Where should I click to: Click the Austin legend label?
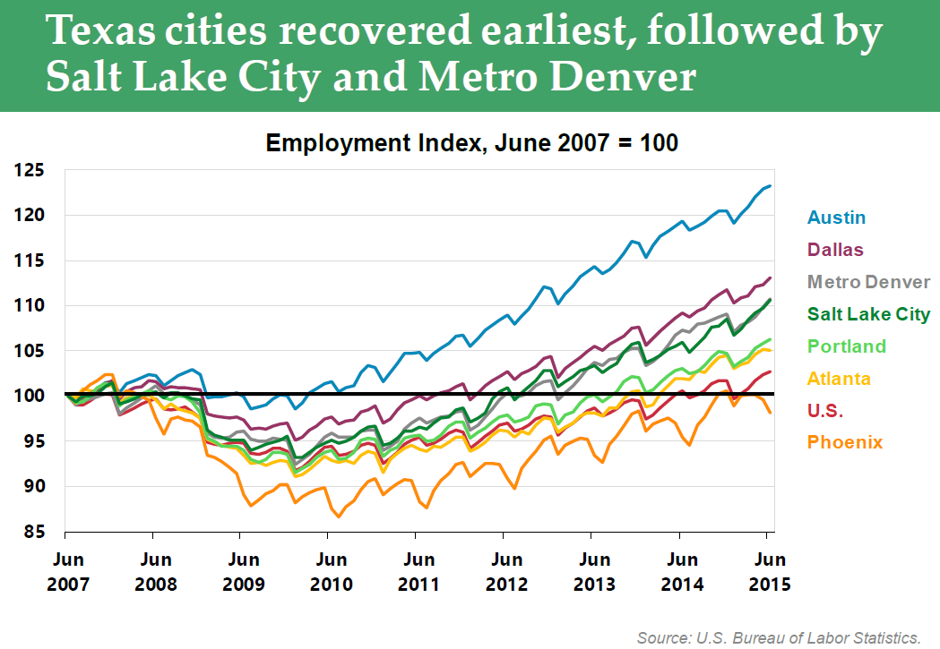[836, 218]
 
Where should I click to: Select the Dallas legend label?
[836, 250]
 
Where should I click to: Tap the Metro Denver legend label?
[868, 282]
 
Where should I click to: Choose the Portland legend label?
[846, 346]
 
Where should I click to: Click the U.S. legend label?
[826, 411]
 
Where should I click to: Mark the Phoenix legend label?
[845, 442]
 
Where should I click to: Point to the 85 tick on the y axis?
[33, 533]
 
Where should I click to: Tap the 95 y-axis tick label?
[33, 442]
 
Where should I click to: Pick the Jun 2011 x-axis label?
[419, 571]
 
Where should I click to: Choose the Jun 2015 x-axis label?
[767, 571]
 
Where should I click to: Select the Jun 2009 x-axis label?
[244, 571]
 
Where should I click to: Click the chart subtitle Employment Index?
[471, 143]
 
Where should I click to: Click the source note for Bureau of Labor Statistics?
[779, 637]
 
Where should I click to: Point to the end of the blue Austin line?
[771, 186]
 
